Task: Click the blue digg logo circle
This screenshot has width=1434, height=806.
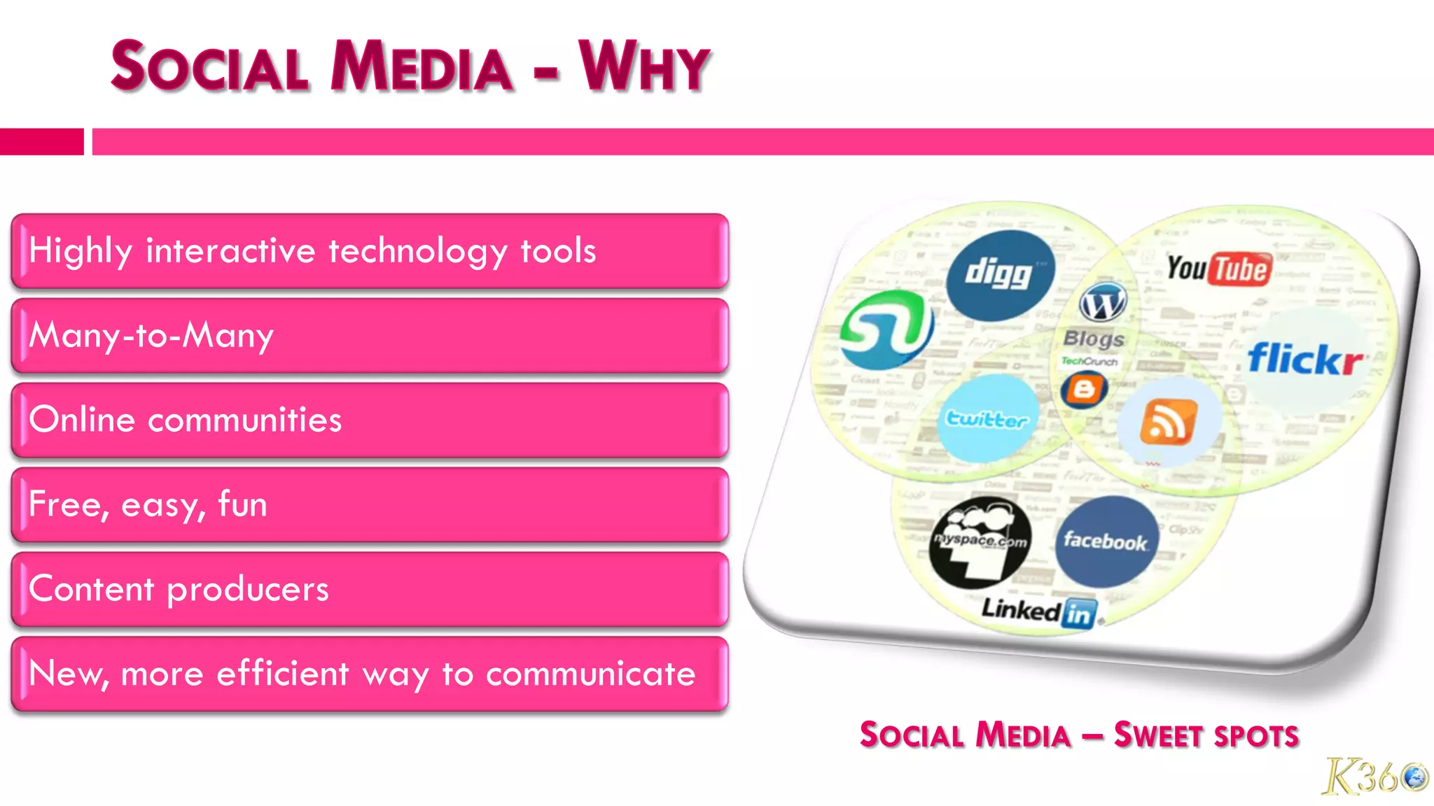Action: click(x=1000, y=275)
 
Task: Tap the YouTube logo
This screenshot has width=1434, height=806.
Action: click(x=1219, y=269)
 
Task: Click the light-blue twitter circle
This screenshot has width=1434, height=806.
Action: click(x=987, y=419)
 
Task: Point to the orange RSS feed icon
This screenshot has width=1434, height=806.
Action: click(x=1168, y=422)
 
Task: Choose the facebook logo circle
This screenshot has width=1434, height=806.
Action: click(x=1106, y=542)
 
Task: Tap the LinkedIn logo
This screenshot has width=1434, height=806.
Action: click(x=1038, y=611)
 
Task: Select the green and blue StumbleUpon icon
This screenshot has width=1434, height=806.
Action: click(x=886, y=330)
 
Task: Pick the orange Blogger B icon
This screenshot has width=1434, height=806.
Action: click(x=1084, y=389)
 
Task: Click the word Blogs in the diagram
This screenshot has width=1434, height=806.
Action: click(x=1094, y=339)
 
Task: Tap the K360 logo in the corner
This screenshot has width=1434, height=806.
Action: click(x=1374, y=776)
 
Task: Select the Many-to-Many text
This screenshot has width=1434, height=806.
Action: click(x=151, y=335)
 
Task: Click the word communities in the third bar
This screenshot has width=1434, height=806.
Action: click(x=244, y=420)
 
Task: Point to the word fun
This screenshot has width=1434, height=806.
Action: click(x=242, y=504)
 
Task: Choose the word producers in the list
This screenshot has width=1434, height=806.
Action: click(x=248, y=589)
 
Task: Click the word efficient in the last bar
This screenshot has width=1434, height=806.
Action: click(x=282, y=673)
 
